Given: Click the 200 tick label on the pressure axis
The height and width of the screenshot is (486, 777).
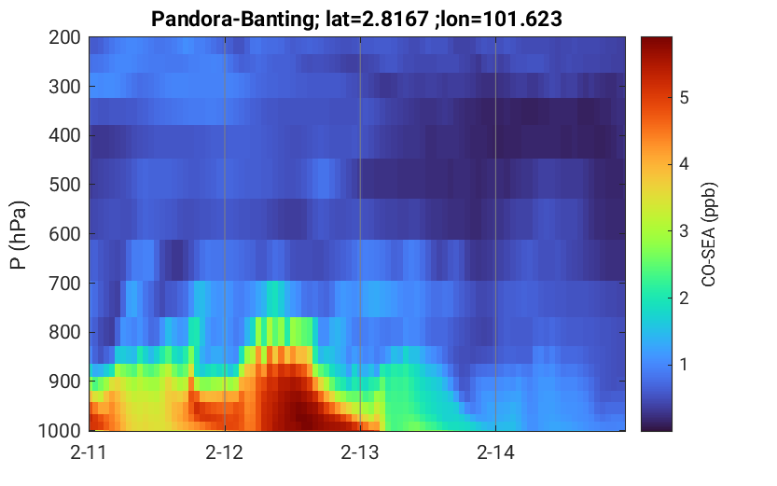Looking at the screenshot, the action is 64,37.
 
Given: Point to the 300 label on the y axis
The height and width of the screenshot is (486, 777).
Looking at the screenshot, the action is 64,87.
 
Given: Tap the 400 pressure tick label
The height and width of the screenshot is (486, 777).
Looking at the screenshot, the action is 64,135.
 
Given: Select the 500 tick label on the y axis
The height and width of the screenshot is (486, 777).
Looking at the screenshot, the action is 64,185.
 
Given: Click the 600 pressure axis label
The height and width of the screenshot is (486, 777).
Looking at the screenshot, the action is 64,234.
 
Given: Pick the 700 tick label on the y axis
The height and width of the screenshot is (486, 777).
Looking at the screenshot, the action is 64,284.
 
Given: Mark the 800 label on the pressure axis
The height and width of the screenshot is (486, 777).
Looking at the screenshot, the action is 64,332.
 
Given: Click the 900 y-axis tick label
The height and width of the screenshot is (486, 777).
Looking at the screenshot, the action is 64,382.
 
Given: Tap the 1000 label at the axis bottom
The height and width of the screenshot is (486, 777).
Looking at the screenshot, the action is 60,431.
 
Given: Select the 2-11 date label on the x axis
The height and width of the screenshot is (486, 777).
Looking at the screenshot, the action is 89,452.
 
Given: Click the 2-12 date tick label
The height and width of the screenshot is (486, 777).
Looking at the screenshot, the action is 225,452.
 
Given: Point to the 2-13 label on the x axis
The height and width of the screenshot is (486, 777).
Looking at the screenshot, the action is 360,452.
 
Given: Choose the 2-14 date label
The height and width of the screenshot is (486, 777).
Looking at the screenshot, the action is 495,452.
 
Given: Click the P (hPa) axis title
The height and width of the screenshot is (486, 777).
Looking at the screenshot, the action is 19,235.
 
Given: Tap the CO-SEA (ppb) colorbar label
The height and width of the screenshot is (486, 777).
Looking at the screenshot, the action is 709,235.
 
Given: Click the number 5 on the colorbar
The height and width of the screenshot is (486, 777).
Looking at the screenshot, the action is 685,98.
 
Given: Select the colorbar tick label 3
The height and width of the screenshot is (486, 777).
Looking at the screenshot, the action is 685,230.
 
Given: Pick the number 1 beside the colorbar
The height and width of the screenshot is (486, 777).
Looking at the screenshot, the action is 684,365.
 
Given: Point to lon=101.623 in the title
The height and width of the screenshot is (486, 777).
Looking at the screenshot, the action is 502,20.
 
